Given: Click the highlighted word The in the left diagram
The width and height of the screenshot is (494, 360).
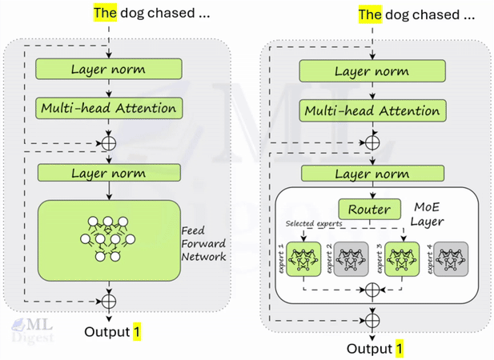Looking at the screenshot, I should [105, 13].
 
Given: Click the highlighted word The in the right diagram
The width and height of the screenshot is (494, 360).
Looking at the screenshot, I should [369, 14].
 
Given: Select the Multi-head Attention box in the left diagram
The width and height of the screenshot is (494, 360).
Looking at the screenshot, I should [109, 107].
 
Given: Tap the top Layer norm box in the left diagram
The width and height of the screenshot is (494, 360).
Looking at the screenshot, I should [109, 69].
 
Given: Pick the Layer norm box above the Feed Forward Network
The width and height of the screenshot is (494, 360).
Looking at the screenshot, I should [109, 172].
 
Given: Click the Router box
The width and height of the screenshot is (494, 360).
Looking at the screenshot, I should [369, 210].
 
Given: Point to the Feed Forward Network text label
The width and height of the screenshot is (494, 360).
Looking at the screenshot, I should [203, 243].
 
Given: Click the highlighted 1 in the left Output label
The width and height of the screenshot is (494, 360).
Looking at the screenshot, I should [136, 330].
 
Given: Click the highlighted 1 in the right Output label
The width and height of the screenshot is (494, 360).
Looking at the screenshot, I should [400, 349].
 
